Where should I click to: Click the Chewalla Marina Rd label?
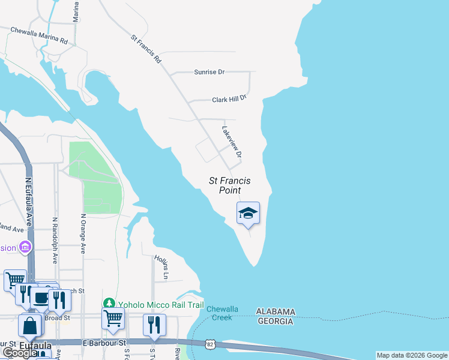38,35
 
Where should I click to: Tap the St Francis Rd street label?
146,49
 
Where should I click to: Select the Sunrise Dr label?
209,72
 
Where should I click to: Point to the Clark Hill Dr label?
229,100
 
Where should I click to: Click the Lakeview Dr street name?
232,143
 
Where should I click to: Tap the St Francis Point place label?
229,185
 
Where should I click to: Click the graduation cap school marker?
248,213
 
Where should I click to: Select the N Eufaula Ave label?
28,197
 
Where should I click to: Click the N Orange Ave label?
83,233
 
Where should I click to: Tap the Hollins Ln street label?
160,268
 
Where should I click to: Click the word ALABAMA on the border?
276,311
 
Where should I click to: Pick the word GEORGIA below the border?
276,321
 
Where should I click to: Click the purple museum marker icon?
25,247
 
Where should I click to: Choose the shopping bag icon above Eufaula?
30,326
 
